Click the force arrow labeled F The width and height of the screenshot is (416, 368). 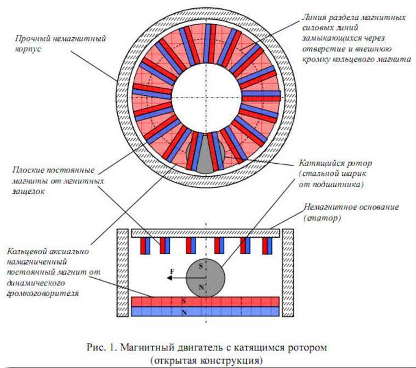pyautogui.click(x=176, y=278)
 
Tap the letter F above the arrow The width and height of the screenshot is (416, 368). pyautogui.click(x=172, y=271)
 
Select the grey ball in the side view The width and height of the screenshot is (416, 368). pyautogui.click(x=206, y=277)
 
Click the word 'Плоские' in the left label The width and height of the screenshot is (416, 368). pyautogui.click(x=23, y=169)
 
